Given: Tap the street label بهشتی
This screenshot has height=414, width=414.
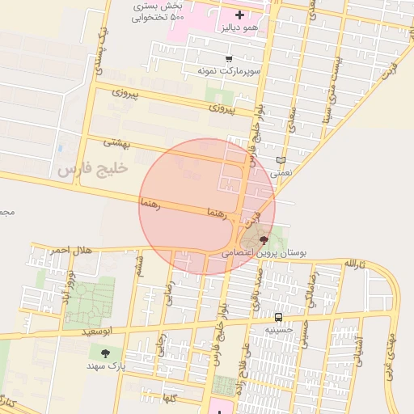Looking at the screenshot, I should click(116, 142).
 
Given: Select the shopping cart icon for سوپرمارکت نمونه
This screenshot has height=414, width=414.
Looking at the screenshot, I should click(230, 59).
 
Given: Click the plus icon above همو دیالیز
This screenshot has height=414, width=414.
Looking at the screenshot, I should click(239, 15).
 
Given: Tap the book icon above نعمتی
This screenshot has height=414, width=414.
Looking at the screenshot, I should click(281, 160).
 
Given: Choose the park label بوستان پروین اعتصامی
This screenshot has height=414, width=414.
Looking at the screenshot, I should click(265, 253).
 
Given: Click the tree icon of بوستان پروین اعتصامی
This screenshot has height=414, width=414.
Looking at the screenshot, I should click(264, 241).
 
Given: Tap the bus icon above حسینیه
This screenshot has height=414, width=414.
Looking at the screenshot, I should click(279, 317).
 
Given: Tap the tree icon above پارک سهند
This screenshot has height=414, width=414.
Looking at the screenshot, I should click(105, 353).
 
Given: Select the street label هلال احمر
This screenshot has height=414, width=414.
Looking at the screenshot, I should click(71, 251).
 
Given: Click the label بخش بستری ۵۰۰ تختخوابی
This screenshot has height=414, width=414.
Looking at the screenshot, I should click(158, 11).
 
